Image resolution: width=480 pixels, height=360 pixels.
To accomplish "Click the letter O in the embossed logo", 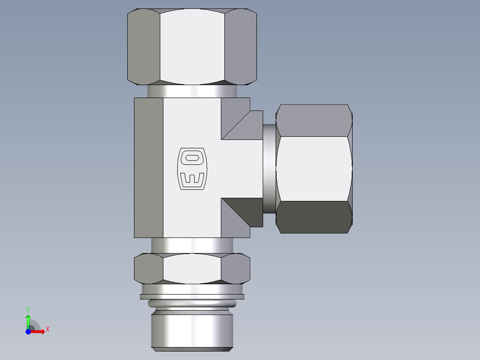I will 192,157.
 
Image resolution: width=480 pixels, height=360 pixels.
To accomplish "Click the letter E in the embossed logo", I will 192,179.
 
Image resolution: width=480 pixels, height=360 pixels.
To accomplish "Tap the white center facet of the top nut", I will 192,47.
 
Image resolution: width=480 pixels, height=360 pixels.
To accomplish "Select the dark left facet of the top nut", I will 144,47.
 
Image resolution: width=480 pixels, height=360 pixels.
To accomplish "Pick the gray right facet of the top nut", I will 240,47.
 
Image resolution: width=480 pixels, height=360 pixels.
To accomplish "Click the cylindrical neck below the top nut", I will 192,91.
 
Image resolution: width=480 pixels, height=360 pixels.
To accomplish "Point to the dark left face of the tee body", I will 148,168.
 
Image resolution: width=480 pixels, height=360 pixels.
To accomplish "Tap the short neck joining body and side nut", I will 269,168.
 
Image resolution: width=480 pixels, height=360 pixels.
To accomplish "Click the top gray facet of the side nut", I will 314,120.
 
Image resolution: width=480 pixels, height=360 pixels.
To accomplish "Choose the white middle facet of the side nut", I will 314,168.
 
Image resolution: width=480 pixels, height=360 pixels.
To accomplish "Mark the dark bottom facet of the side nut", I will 314,217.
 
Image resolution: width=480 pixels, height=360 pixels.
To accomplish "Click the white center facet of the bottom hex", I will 192,269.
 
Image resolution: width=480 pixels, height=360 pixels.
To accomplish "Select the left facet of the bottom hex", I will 149,269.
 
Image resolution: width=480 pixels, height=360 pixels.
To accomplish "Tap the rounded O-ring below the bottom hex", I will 192,304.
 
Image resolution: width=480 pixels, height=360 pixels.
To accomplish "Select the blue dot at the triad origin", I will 28,331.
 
